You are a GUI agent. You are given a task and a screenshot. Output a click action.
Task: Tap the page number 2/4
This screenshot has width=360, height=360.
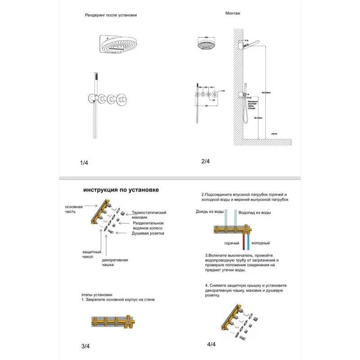click(205, 161)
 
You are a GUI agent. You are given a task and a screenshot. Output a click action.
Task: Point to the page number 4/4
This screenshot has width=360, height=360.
click(211, 344)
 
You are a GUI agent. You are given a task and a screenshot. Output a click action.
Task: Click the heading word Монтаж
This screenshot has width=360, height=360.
click(233, 13)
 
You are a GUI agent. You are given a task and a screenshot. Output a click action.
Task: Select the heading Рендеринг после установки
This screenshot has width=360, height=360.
click(111, 15)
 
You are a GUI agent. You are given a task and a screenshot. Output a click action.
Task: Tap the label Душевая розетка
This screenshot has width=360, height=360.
click(148, 233)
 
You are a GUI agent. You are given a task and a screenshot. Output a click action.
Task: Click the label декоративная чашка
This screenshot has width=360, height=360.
click(115, 262)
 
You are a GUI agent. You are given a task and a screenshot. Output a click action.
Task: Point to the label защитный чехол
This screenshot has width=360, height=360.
click(91, 254)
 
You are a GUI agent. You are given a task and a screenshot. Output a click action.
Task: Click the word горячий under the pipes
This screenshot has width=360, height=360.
click(232, 243)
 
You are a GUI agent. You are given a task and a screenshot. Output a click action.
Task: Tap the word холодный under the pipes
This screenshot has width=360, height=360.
click(261, 243)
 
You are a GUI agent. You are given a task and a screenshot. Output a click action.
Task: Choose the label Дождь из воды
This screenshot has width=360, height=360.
click(210, 211)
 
